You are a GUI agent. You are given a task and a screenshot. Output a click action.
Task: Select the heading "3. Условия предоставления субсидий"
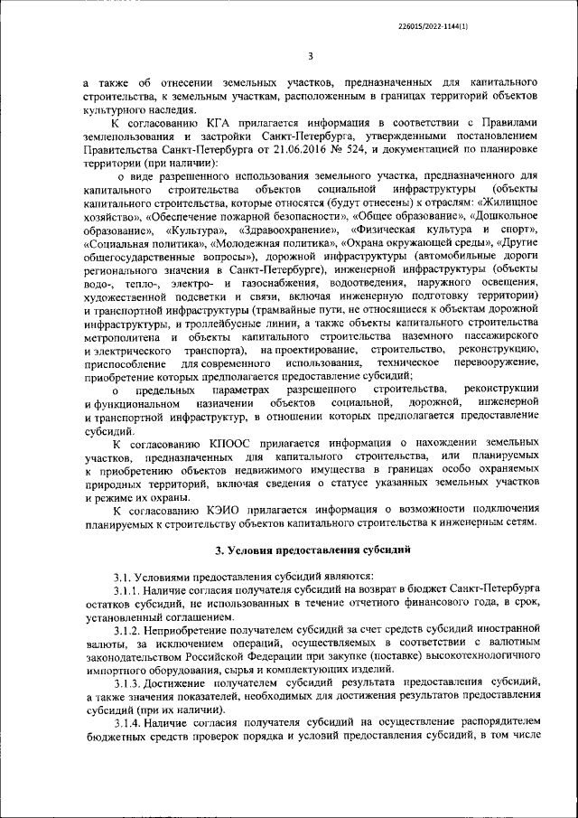[x=312, y=548]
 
